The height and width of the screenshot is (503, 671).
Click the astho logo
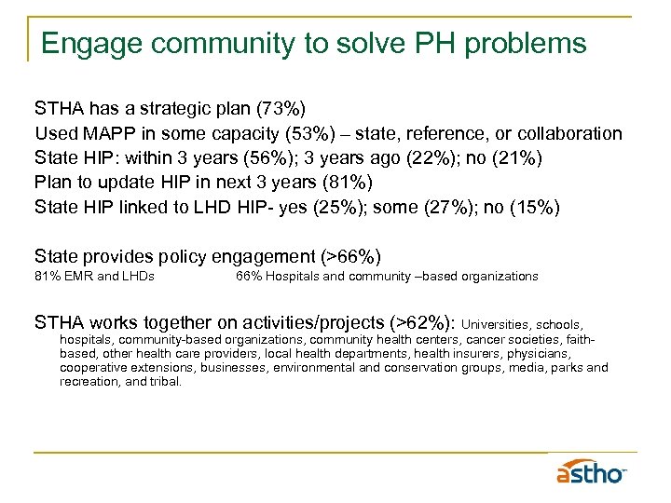point(592,472)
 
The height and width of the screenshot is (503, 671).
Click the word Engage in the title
point(85,43)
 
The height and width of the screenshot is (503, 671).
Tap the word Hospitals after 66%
point(294,277)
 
